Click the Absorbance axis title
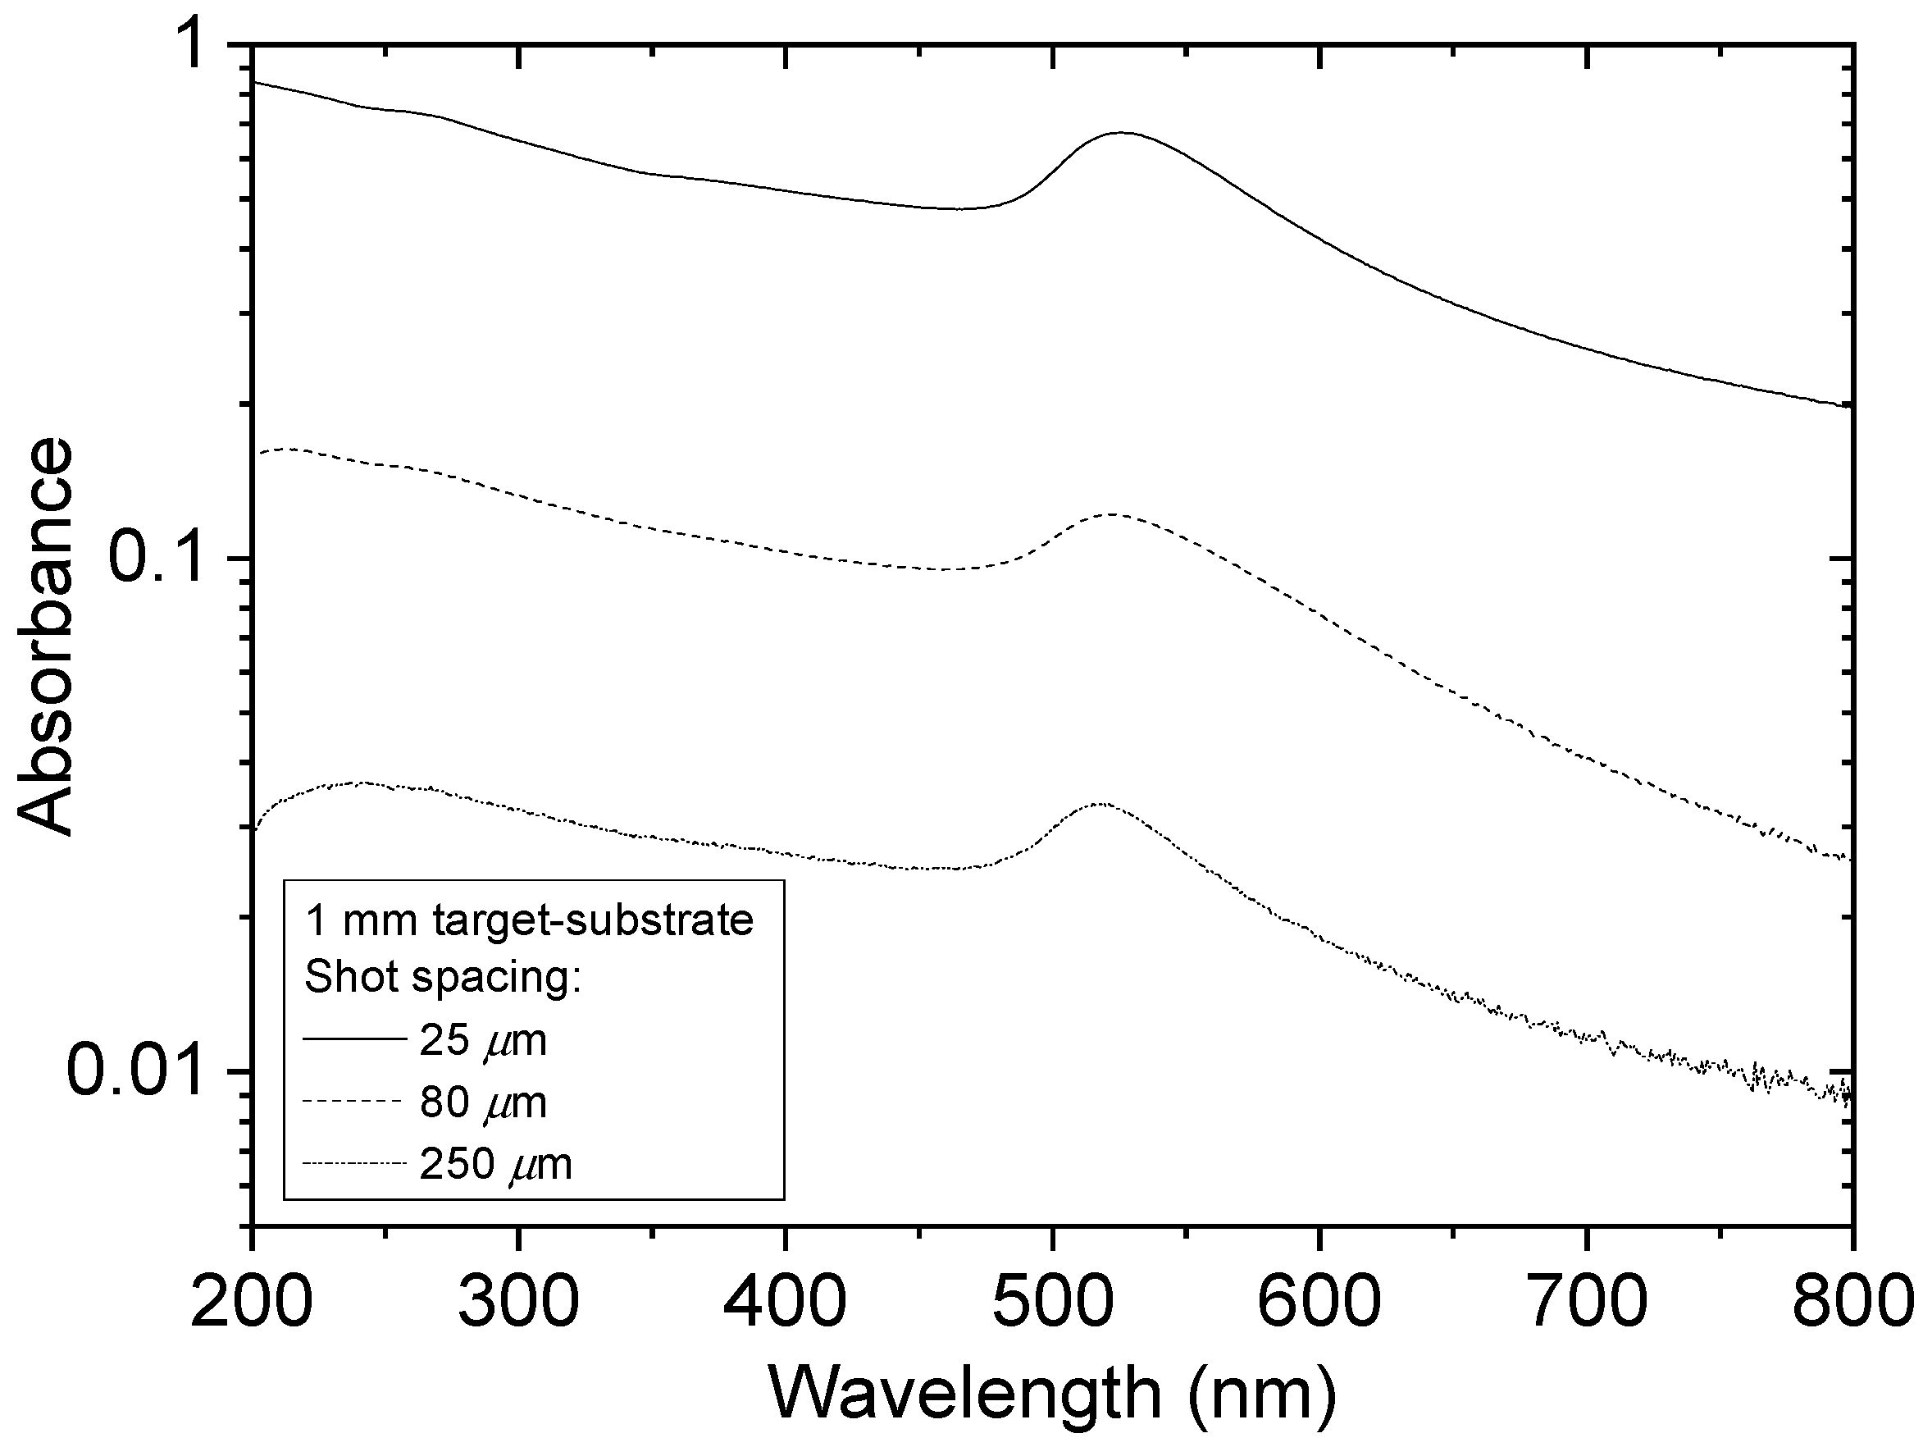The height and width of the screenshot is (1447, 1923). coord(45,637)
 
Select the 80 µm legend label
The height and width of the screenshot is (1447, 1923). coord(483,1102)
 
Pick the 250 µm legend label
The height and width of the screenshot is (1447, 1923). coord(495,1163)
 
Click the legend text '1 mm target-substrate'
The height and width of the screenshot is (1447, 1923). coord(530,921)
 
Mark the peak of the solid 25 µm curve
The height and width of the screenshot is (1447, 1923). coord(1123,133)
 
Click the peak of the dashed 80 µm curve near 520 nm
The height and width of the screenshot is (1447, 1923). coord(1113,515)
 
